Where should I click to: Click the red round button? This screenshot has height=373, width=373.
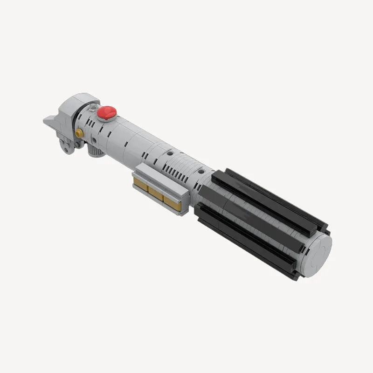click(107, 112)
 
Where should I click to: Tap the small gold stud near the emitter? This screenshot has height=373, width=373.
click(80, 133)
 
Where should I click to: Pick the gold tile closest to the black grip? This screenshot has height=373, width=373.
click(171, 200)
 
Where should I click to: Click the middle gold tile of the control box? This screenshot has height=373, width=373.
click(156, 192)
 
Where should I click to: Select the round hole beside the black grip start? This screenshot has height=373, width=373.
click(201, 172)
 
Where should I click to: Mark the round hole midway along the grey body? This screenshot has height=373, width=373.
click(170, 152)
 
